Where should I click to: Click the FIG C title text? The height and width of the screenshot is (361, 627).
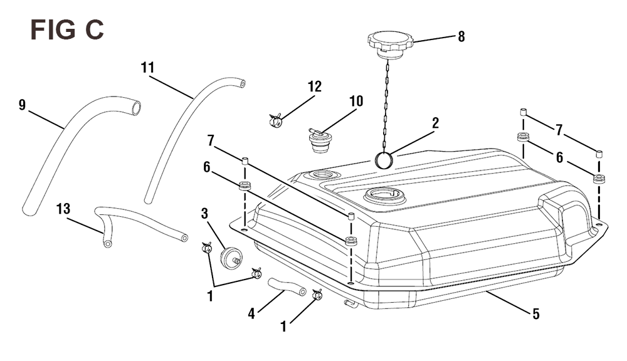click(x=67, y=30)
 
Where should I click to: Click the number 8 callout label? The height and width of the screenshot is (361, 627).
click(x=461, y=37)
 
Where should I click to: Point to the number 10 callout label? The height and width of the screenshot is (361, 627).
click(x=356, y=101)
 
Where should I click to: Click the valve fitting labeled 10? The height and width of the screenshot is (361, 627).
click(x=318, y=140)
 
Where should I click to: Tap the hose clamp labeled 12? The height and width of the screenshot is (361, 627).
click(x=275, y=119)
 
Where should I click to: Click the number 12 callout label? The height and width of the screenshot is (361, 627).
click(x=315, y=86)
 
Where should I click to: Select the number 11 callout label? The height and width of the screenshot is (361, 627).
click(x=147, y=68)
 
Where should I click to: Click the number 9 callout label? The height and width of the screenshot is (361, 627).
click(x=22, y=105)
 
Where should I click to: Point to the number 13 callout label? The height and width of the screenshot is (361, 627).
click(x=63, y=209)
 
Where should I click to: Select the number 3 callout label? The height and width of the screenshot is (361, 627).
click(x=205, y=214)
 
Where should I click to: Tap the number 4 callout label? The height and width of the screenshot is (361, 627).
click(x=251, y=314)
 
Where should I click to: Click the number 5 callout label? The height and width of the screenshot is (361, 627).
click(x=536, y=314)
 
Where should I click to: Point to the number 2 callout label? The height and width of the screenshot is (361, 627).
click(x=436, y=123)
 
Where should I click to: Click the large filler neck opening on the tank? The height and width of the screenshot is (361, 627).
click(x=384, y=196)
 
